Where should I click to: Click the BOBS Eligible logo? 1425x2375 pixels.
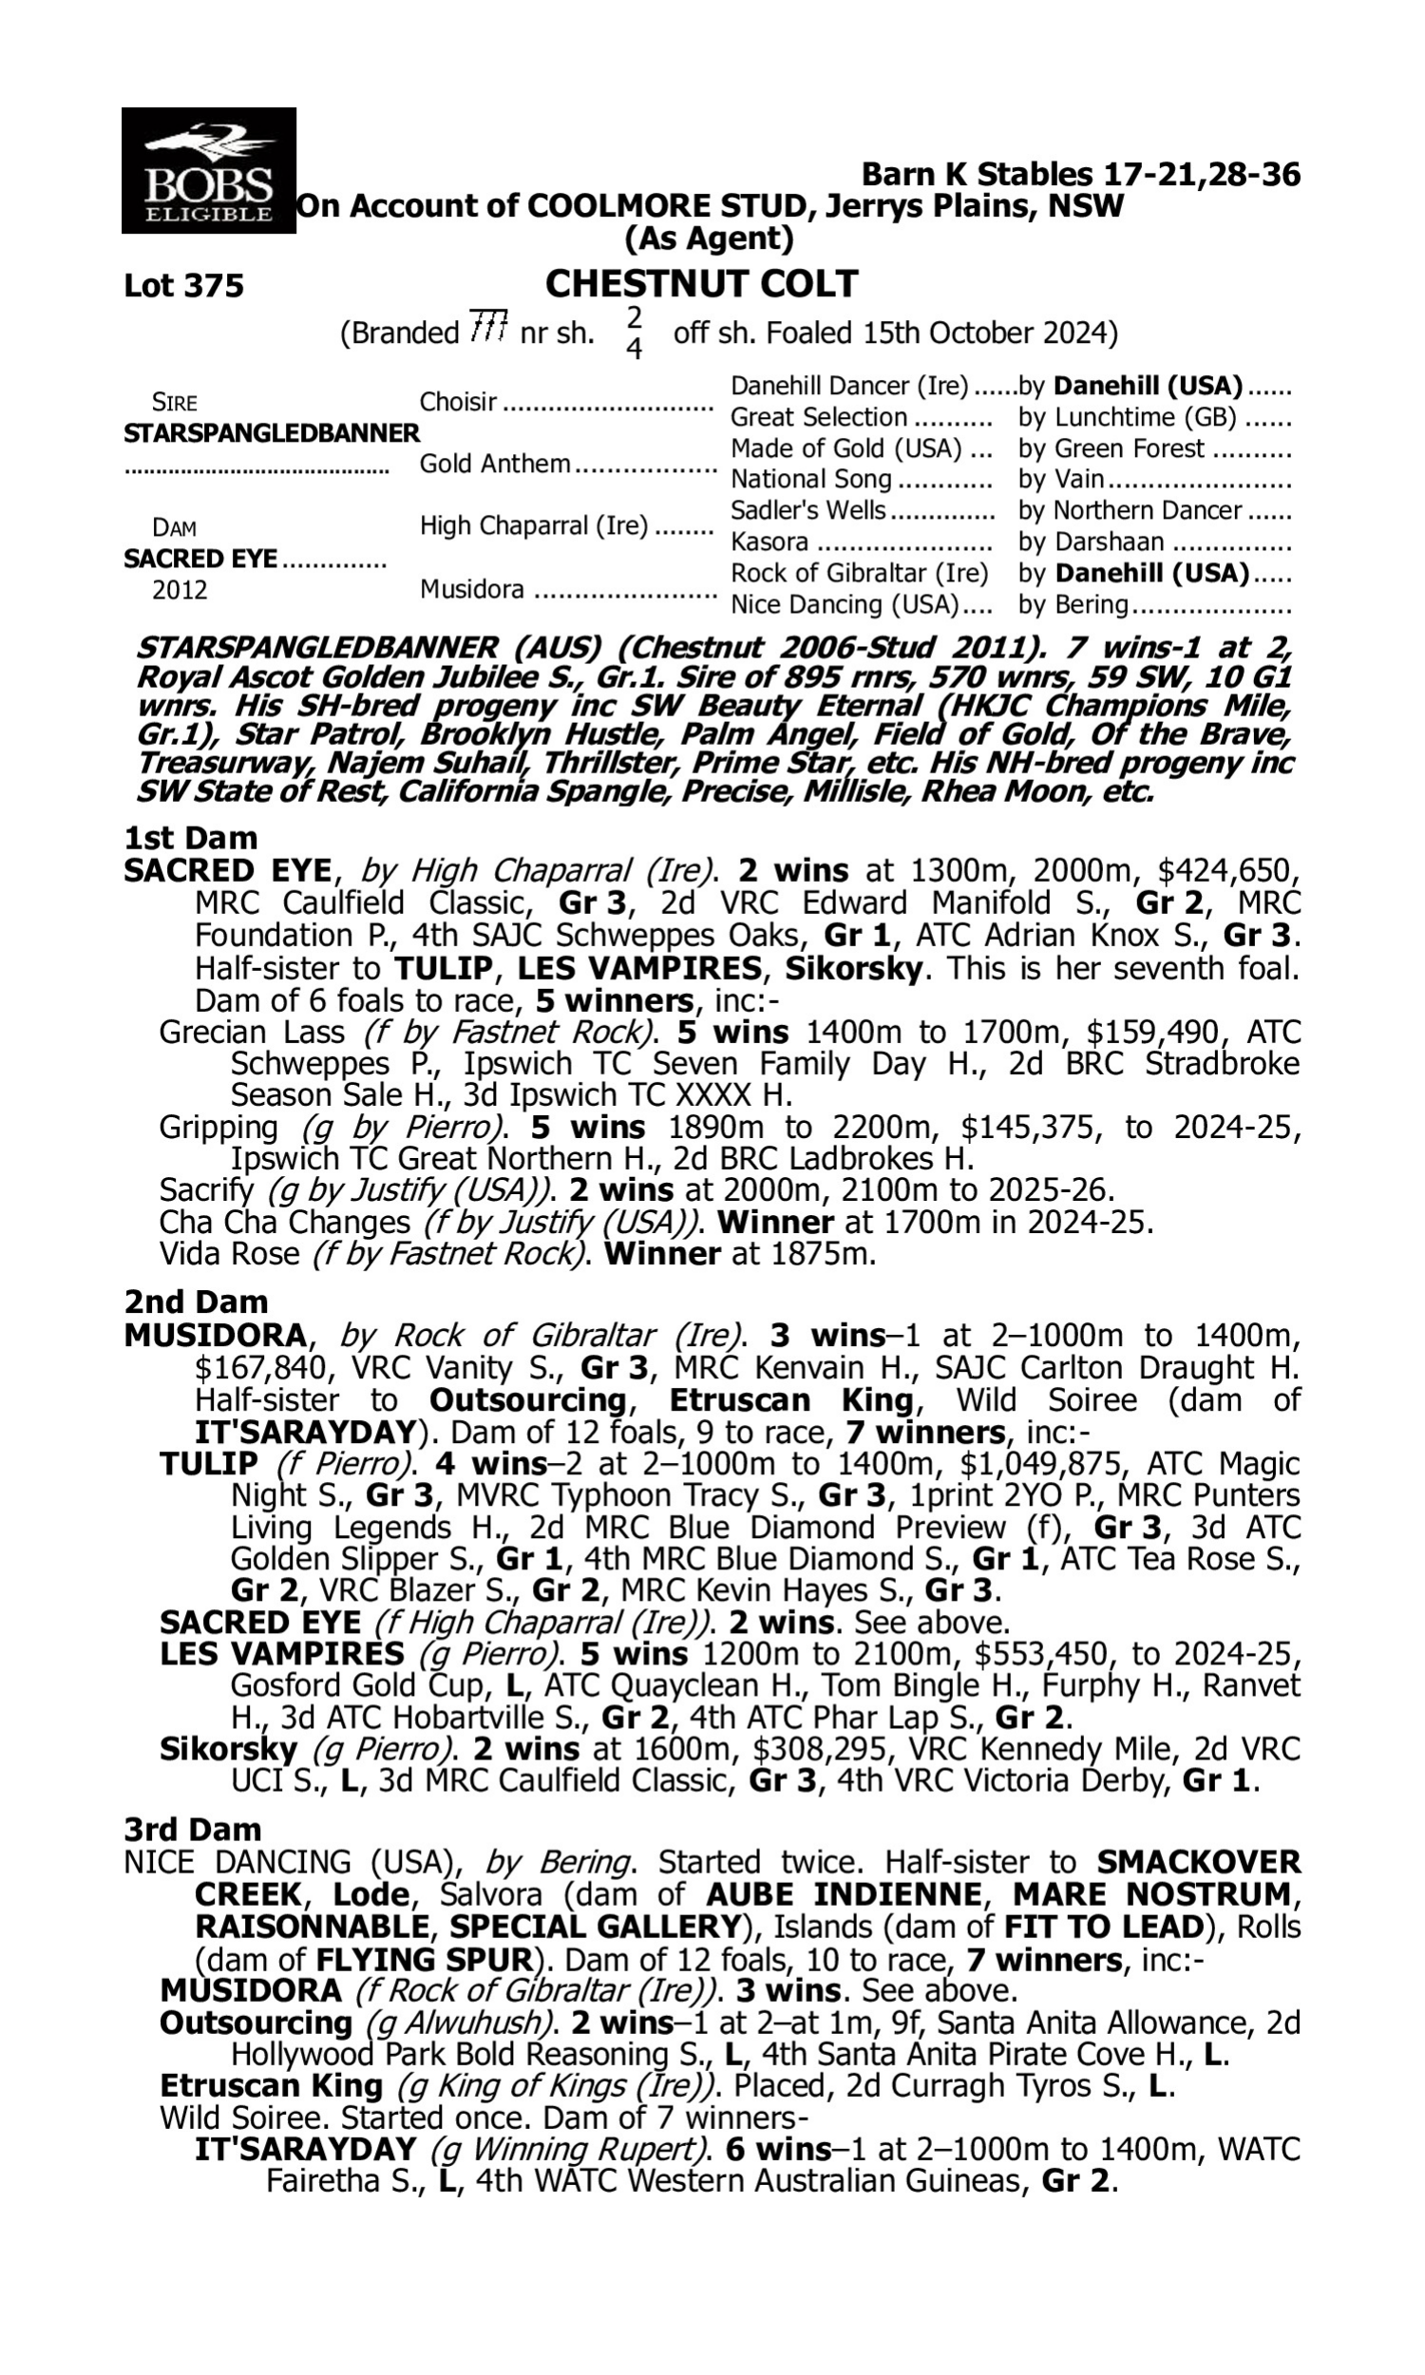click(x=208, y=171)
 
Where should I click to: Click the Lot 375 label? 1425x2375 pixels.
click(x=183, y=286)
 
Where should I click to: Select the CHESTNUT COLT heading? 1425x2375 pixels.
click(x=701, y=284)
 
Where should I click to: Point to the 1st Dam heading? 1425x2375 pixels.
click(x=190, y=838)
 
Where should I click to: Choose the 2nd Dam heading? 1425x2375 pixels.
click(x=195, y=1301)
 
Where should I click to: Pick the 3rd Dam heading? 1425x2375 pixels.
click(x=192, y=1830)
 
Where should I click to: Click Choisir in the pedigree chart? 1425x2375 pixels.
click(x=458, y=401)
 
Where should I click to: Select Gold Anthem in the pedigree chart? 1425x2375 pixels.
click(x=495, y=464)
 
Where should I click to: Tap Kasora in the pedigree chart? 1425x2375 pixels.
click(x=769, y=542)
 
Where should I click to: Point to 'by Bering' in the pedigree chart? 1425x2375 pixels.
click(x=1073, y=605)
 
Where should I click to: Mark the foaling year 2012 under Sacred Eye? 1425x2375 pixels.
click(x=180, y=590)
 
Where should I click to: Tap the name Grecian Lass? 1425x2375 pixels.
click(x=251, y=1032)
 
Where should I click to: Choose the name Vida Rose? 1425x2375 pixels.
click(x=229, y=1254)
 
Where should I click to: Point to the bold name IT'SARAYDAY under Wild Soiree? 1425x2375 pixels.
click(x=305, y=2149)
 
